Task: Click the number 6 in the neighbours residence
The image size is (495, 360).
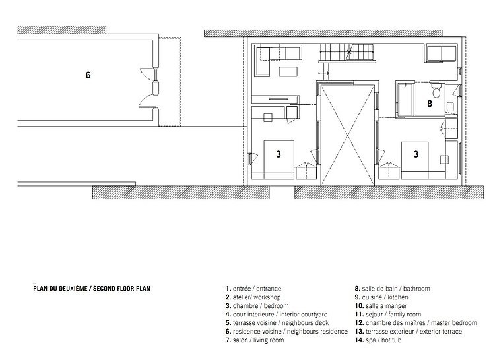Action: click(88, 75)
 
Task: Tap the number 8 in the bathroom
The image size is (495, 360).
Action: click(430, 104)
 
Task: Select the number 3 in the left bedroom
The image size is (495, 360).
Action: click(278, 154)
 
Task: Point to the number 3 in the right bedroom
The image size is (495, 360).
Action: click(416, 154)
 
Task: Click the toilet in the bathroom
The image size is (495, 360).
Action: click(437, 90)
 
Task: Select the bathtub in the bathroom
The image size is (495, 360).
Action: click(405, 99)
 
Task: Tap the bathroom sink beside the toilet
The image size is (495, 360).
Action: click(450, 106)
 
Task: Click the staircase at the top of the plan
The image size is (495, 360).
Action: click(347, 52)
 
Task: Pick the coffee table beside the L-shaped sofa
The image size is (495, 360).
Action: click(288, 72)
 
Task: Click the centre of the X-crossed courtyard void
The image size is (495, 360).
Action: click(348, 136)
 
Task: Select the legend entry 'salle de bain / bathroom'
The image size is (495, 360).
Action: click(393, 288)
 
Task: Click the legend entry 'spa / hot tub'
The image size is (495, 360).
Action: click(378, 340)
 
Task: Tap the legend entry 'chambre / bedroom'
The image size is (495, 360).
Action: click(257, 306)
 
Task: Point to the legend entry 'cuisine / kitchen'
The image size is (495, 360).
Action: click(381, 297)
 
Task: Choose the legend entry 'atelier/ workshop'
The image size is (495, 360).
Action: click(253, 297)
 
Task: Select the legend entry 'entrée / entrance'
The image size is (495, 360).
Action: click(253, 288)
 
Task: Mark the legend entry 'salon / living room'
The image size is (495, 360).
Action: click(255, 340)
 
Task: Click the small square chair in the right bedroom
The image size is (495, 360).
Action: click(444, 160)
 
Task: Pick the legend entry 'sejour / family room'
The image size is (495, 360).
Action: click(388, 315)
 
